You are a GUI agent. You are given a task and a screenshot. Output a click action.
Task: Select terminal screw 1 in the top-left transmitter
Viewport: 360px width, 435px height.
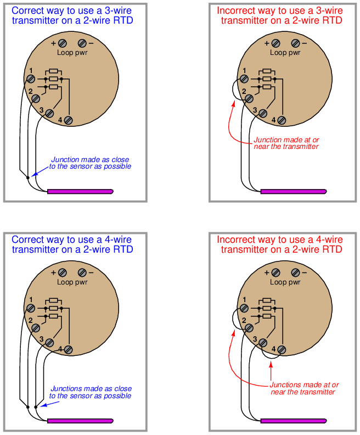coord(31,79)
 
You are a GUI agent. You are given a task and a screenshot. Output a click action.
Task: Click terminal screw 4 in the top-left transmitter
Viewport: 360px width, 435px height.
coord(69,120)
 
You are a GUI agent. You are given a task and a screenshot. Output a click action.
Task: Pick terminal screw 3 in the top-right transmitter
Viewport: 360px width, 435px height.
coord(262,114)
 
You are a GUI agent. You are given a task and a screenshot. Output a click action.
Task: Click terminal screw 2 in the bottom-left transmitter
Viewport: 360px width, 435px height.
coord(36,328)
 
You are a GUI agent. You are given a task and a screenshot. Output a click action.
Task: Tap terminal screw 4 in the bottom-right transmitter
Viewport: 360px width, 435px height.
coord(282,349)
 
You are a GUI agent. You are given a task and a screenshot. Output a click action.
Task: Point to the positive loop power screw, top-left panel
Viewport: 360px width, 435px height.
coord(63,43)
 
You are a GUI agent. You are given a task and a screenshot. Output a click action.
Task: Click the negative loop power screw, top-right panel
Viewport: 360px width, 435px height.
coord(296,43)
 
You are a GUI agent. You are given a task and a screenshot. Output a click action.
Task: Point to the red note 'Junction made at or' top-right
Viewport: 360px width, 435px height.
coord(286,140)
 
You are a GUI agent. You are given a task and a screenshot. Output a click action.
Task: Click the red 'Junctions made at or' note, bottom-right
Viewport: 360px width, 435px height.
coord(305,385)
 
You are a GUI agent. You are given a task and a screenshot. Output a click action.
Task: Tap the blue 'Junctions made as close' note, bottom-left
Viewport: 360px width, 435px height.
coord(91,389)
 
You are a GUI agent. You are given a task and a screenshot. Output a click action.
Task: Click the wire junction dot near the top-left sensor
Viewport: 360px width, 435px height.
coord(28,177)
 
